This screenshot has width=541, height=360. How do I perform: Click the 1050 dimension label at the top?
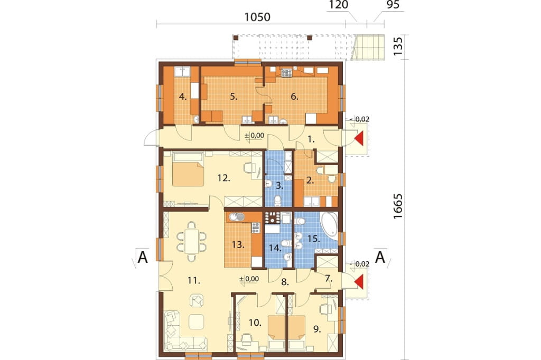[257, 17]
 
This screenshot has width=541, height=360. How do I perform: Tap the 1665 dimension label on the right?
[398, 206]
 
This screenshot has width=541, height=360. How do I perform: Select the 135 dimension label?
[398, 46]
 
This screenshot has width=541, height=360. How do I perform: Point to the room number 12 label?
[223, 178]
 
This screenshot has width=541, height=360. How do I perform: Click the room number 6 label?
[294, 97]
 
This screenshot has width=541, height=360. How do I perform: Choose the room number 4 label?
[183, 97]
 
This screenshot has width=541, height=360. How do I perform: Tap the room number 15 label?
[314, 238]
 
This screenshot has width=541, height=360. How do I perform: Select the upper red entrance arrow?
[359, 139]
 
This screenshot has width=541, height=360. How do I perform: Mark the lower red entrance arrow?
[359, 281]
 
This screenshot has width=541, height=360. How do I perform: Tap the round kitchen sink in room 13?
[236, 217]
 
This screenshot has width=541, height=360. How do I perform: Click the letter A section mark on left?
[143, 257]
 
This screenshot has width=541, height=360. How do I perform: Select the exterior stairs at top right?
[368, 48]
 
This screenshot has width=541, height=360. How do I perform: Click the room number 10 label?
[255, 323]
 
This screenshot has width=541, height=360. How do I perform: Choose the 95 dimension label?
[393, 4]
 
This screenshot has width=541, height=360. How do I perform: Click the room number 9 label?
[317, 329]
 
